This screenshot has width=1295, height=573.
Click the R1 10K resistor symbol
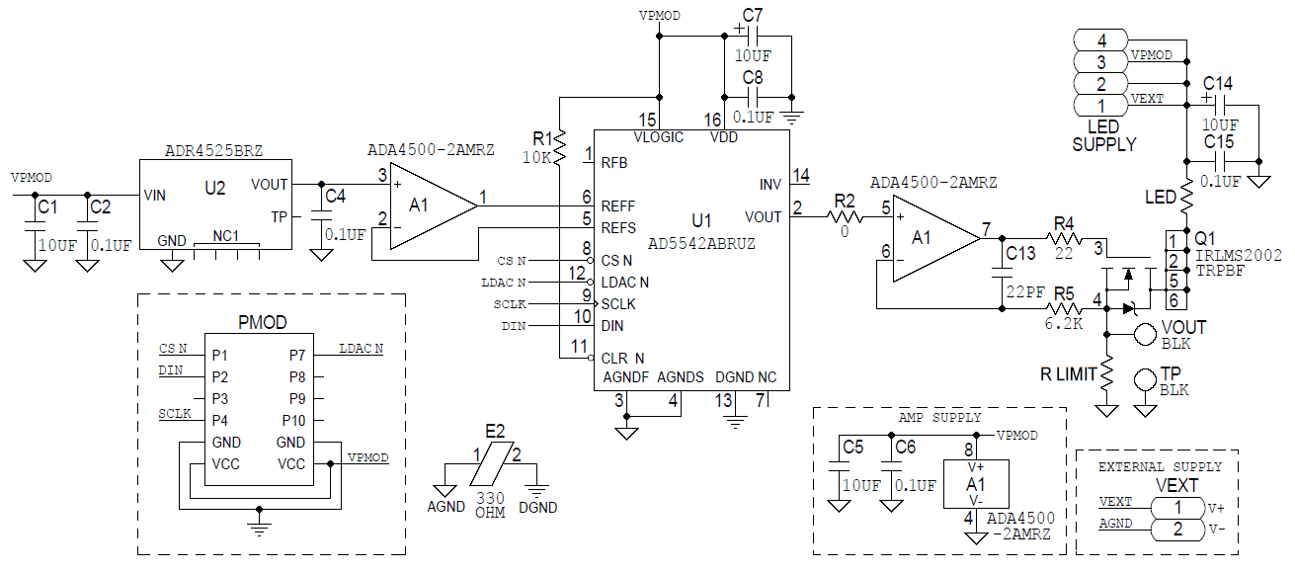[560, 145]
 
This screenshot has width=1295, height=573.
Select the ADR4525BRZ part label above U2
[213, 150]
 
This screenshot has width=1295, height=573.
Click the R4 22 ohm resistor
[1064, 239]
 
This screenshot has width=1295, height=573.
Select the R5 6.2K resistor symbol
[1064, 308]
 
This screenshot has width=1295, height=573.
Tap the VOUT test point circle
[1145, 334]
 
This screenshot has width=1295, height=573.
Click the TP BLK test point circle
[1145, 379]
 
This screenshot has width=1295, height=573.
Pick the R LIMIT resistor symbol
[1107, 374]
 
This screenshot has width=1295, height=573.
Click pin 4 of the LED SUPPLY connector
[1100, 40]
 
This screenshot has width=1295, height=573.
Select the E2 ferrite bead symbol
[494, 464]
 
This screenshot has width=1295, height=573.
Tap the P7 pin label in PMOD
[297, 355]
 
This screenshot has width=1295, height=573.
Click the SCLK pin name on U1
[618, 304]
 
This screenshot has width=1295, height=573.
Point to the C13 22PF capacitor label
[1020, 254]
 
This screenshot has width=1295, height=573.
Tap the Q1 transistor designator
[1205, 238]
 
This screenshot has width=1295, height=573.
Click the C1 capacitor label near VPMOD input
[46, 207]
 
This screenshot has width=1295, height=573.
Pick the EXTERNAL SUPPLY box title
[1160, 466]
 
